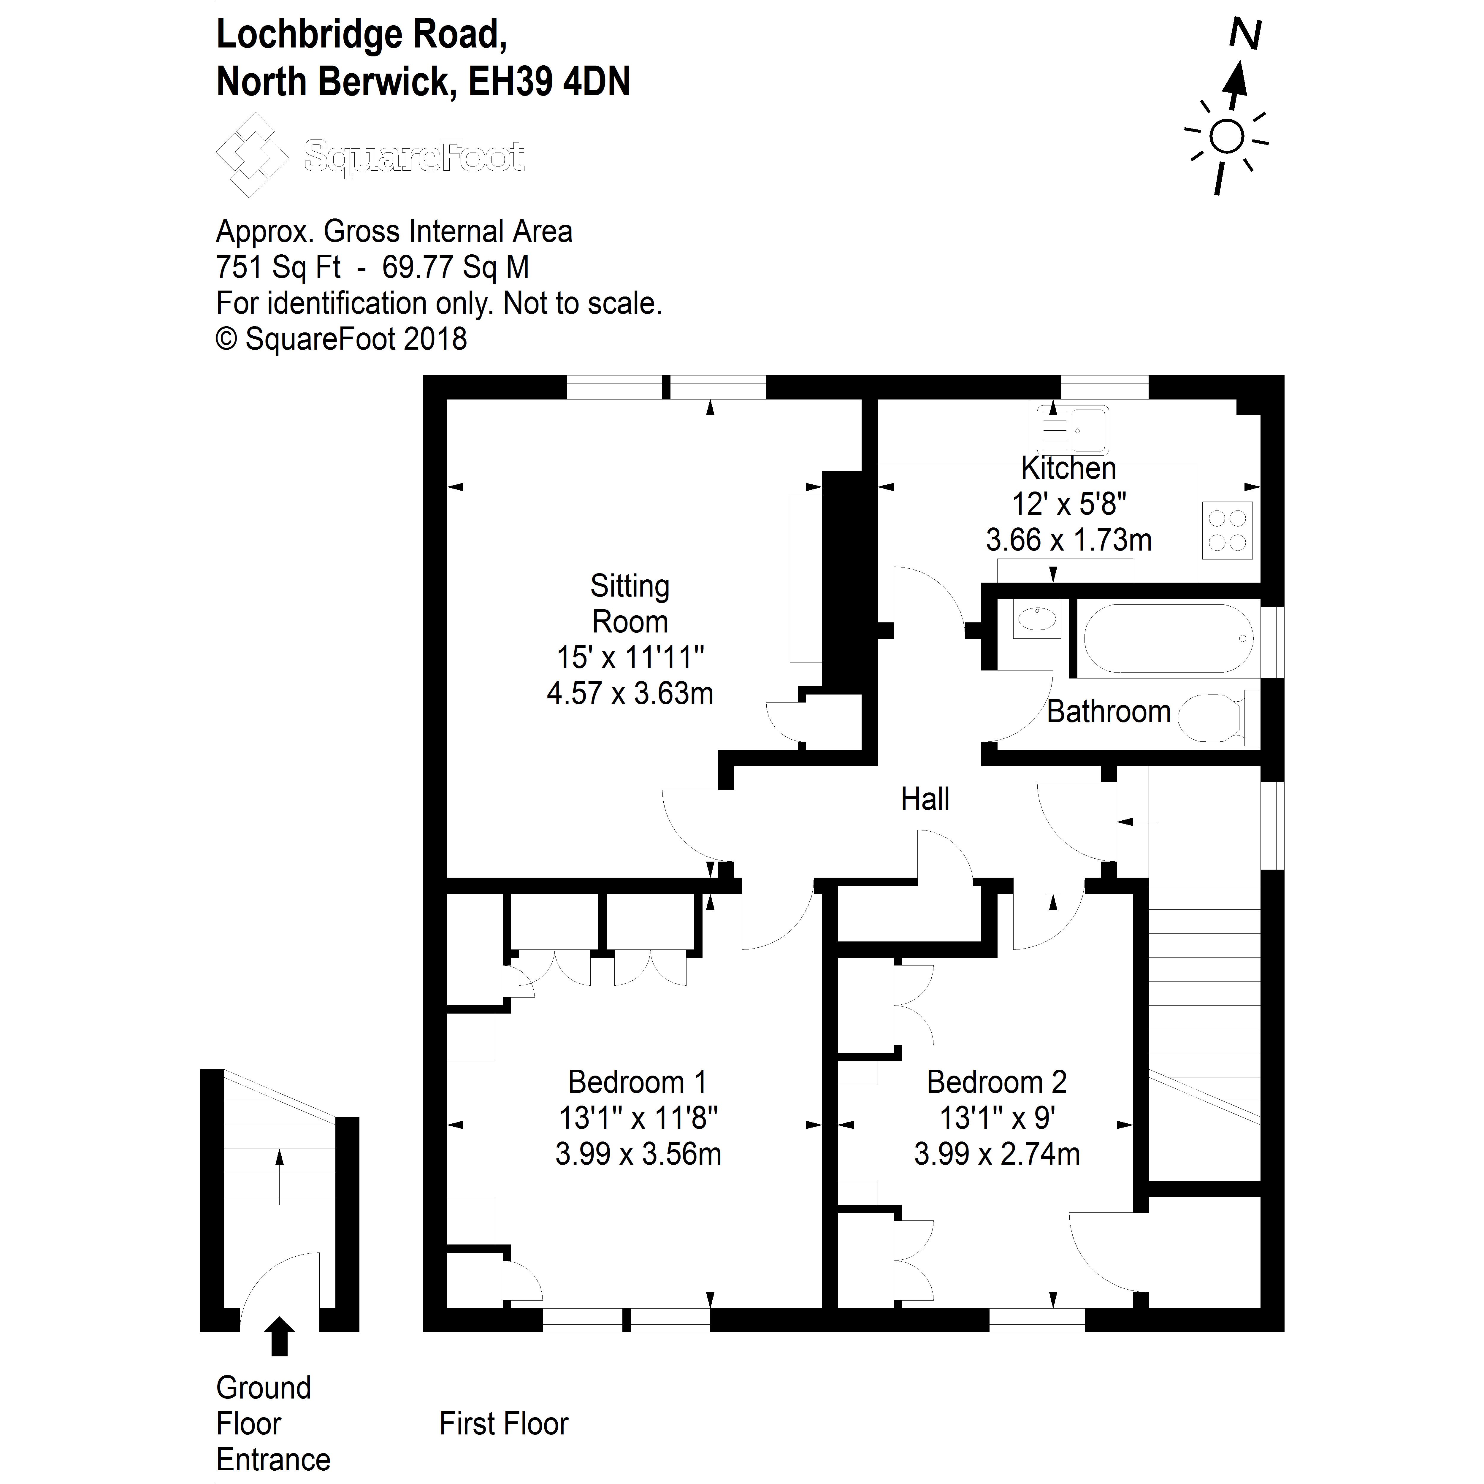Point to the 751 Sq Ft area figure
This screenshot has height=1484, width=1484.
coord(278,267)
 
